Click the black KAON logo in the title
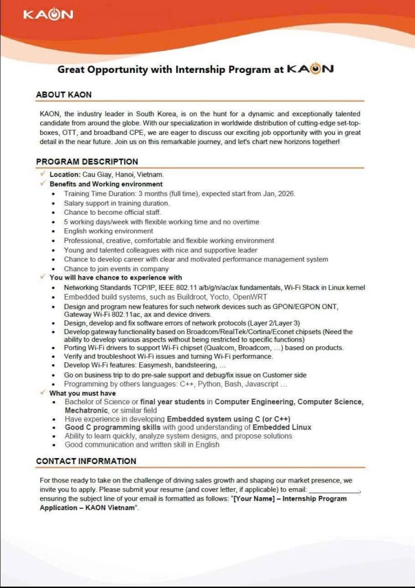pyautogui.click(x=309, y=69)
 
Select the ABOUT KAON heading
pyautogui.click(x=64, y=95)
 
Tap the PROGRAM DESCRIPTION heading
pyautogui.click(x=87, y=162)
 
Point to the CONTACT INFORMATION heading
pyautogui.click(x=86, y=461)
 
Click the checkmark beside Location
pyautogui.click(x=43, y=173)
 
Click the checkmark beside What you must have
pyautogui.click(x=43, y=393)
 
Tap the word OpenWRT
pyautogui.click(x=251, y=297)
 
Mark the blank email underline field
pyautogui.click(x=335, y=490)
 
